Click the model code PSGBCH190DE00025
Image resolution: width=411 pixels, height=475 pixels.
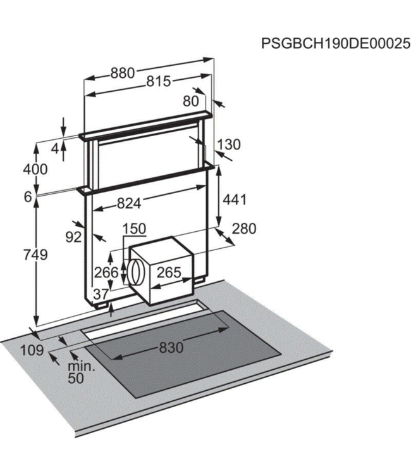tap(331, 44)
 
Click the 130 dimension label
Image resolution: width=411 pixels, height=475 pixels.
tap(228, 144)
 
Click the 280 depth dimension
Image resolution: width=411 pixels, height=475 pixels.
tap(244, 229)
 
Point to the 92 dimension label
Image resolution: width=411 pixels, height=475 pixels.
tap(74, 237)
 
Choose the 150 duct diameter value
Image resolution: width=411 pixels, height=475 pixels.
tap(133, 229)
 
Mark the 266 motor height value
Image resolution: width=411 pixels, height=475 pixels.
tap(107, 273)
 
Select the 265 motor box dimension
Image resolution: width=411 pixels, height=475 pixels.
tap(169, 273)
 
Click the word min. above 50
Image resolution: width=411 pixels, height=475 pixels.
tap(82, 367)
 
